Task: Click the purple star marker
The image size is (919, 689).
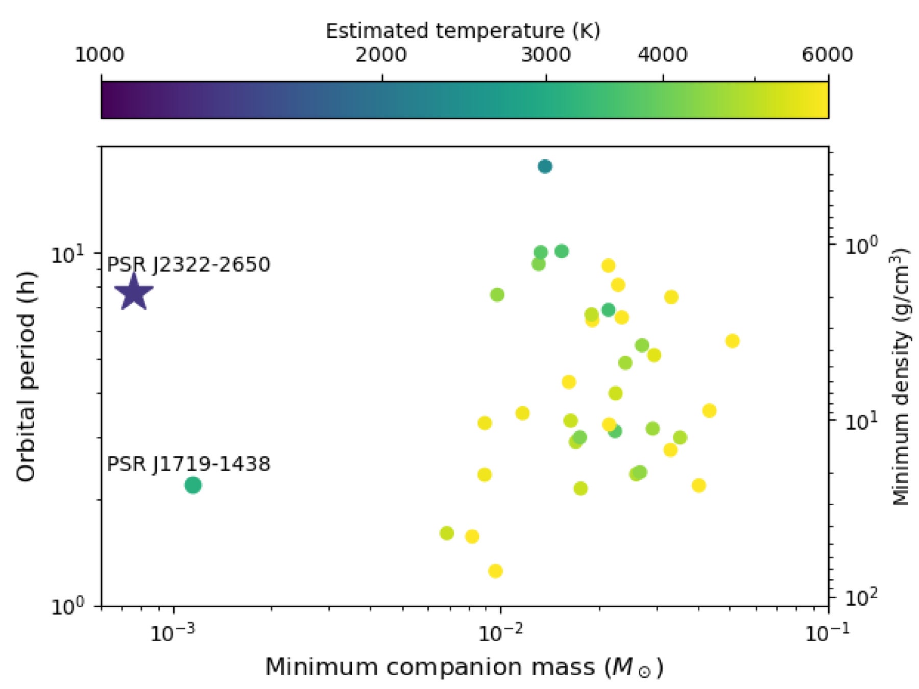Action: coord(134,293)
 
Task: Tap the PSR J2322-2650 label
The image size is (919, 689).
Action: coord(188,264)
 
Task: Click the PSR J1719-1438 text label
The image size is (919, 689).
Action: coord(188,464)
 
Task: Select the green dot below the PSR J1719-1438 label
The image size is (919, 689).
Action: coord(192,485)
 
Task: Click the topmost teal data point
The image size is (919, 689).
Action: coord(545,166)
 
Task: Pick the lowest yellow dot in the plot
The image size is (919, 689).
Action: coord(495,571)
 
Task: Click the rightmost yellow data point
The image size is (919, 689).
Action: coord(732,341)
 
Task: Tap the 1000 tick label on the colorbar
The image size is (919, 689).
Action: coord(100,55)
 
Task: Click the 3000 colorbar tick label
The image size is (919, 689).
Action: coord(546,55)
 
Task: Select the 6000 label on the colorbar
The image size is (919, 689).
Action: coord(827,55)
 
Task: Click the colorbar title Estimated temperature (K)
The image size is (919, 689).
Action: coord(463,31)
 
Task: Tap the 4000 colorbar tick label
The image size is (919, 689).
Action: coord(662,55)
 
